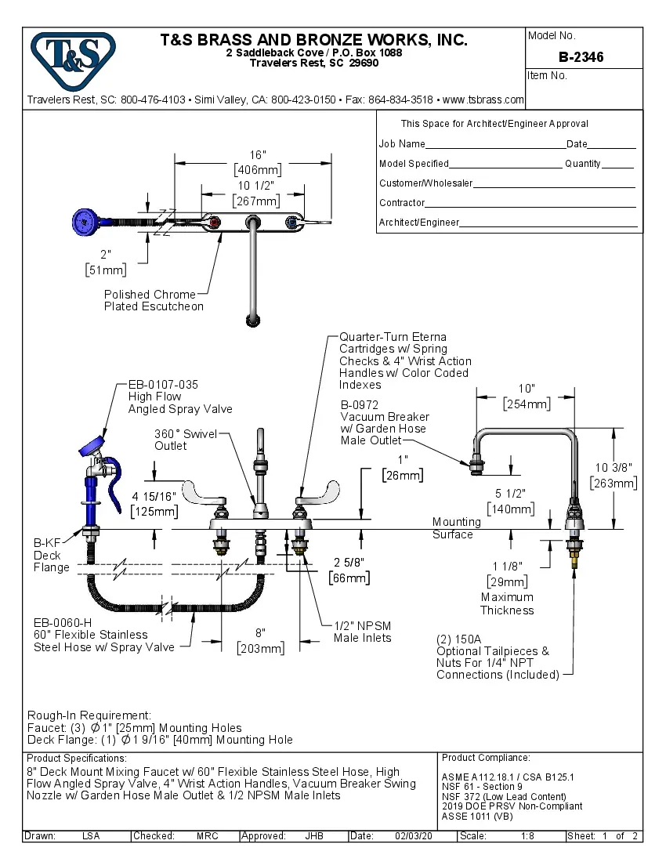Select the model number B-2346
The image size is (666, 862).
point(581,56)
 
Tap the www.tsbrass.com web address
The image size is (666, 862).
point(483,100)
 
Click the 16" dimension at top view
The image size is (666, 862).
point(258,154)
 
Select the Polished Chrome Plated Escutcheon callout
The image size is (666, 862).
point(154,300)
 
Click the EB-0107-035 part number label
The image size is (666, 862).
point(163,385)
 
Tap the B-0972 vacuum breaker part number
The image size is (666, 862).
point(360,405)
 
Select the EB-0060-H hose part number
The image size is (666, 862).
point(62,622)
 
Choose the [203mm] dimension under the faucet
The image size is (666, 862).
point(261,648)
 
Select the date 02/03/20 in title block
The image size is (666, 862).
point(413,836)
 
